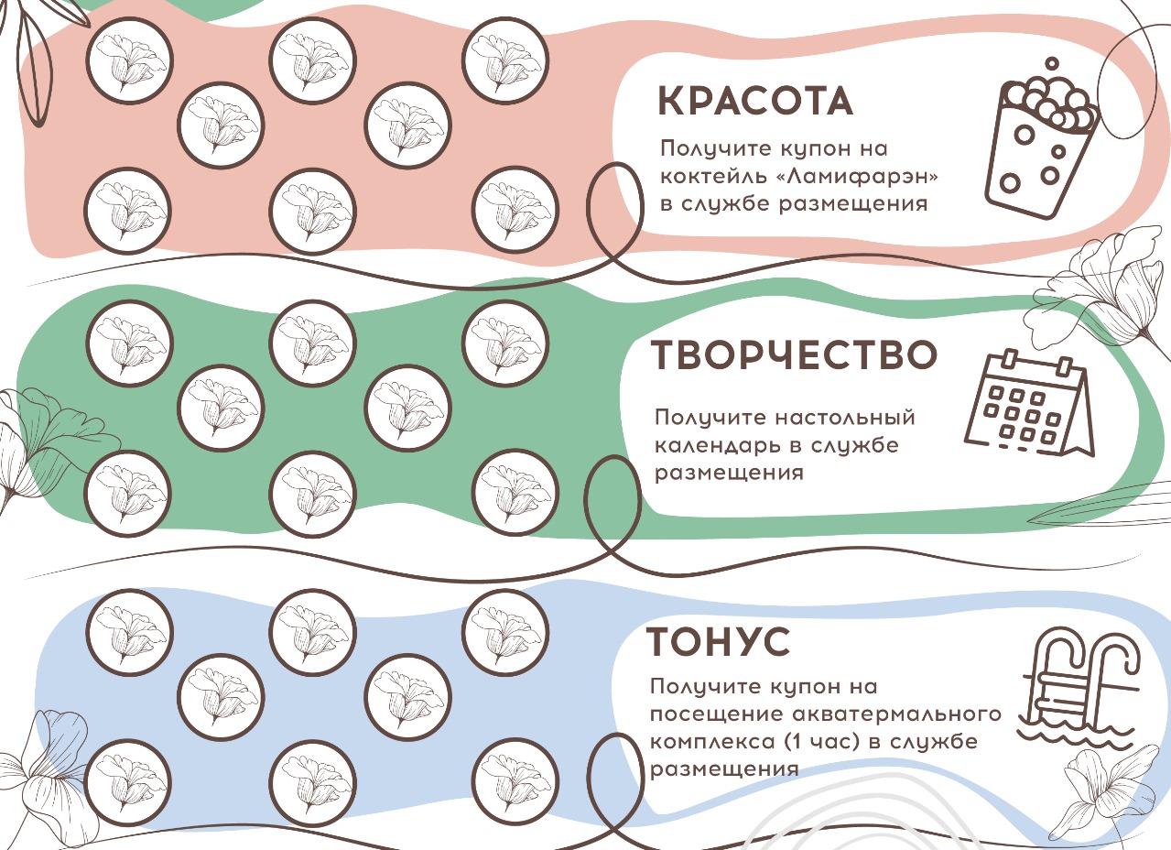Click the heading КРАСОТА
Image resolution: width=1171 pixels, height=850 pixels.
[756, 102]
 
